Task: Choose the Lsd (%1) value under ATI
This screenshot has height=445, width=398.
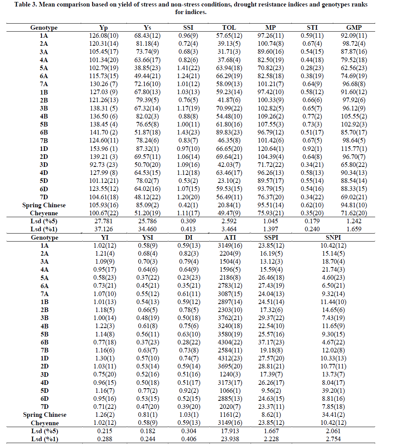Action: click(229, 439)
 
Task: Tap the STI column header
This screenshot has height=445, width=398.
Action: click(312, 27)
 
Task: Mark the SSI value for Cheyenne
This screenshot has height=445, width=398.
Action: click(187, 213)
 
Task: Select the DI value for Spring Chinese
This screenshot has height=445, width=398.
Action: click(187, 415)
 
